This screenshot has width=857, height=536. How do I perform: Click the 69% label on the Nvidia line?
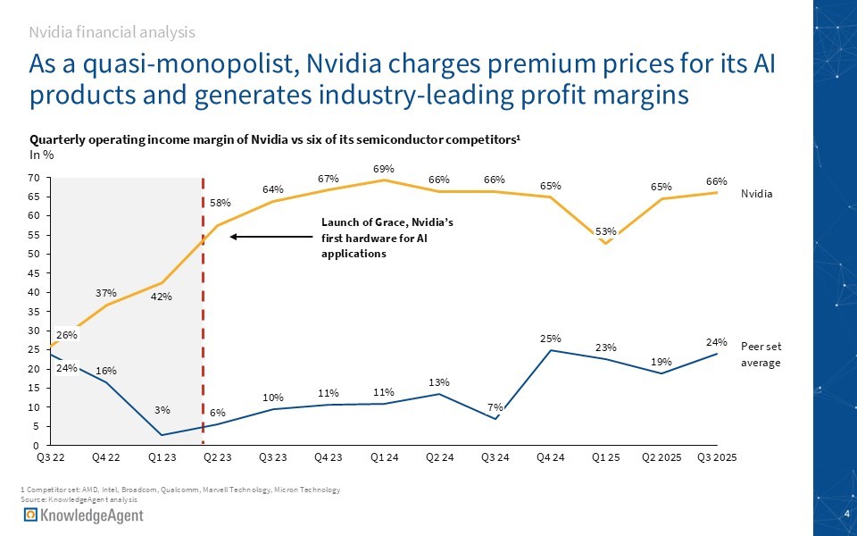coord(384,168)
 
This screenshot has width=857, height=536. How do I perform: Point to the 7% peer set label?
coord(495,407)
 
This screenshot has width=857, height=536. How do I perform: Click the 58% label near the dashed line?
coord(221,204)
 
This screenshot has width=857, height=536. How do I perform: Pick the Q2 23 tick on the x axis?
coord(217,457)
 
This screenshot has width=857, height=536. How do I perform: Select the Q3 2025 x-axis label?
coord(717,457)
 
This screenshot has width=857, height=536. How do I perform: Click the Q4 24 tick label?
coord(552,457)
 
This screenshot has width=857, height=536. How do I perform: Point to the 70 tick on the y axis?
coord(33,178)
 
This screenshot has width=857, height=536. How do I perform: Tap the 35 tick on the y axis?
coord(33,312)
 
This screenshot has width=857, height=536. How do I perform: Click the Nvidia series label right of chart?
coord(757,193)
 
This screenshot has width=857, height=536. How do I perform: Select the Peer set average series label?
coord(761,354)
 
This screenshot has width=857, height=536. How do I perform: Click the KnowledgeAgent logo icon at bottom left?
coord(31,516)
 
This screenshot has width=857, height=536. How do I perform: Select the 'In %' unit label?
coord(42,156)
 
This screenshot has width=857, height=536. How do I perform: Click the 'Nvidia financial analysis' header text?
coord(112,32)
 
